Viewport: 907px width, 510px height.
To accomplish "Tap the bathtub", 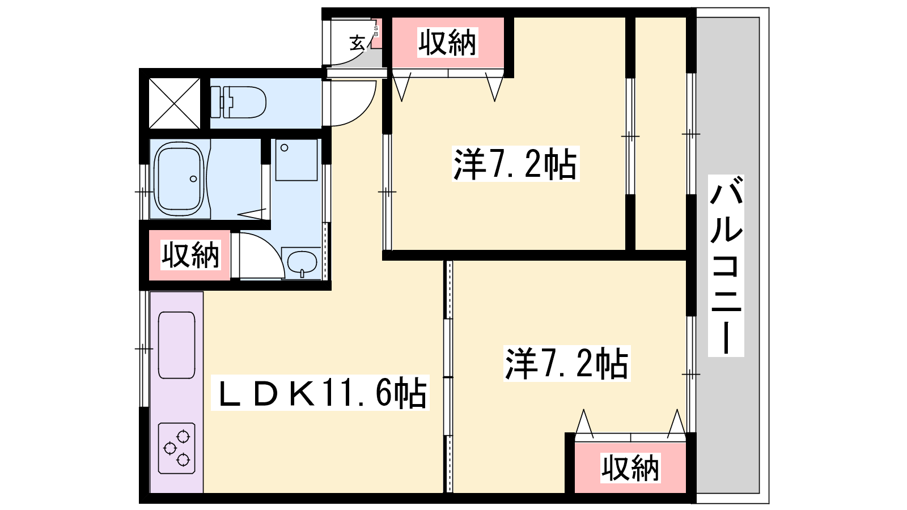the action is click(x=179, y=178).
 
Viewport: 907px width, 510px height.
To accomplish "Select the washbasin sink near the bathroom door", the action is click(x=302, y=263).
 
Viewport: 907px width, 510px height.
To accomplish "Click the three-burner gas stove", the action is click(x=176, y=448).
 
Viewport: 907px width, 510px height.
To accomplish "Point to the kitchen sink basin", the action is click(x=176, y=345).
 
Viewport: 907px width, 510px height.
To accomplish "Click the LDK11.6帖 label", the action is click(x=320, y=393).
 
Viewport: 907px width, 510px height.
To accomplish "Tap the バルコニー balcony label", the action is click(x=726, y=266).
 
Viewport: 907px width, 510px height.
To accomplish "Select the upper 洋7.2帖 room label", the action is click(x=515, y=164).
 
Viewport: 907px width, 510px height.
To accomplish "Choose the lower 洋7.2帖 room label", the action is click(x=567, y=363).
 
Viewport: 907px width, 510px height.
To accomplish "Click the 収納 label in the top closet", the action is click(x=447, y=42).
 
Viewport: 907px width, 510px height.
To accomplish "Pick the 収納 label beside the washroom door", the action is click(x=190, y=255).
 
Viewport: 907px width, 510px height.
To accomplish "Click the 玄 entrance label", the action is click(x=358, y=42).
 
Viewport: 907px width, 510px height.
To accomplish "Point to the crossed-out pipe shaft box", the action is click(x=175, y=103).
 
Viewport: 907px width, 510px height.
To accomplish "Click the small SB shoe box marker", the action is click(x=376, y=31).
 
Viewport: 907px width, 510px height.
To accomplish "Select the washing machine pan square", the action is click(x=296, y=160).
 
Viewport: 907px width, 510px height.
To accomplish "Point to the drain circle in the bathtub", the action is click(x=193, y=179).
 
